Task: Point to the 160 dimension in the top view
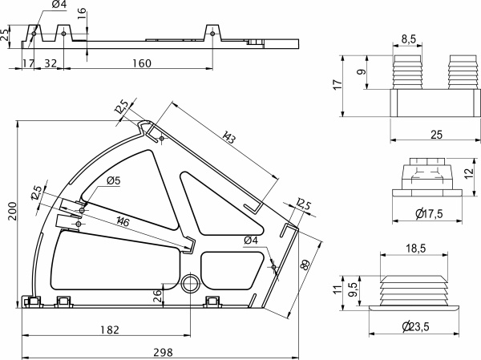[x=141, y=63]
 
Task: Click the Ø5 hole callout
[x=113, y=181]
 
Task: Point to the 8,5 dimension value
[x=407, y=38]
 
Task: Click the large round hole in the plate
[x=191, y=283]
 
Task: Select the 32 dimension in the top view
[x=50, y=63]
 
